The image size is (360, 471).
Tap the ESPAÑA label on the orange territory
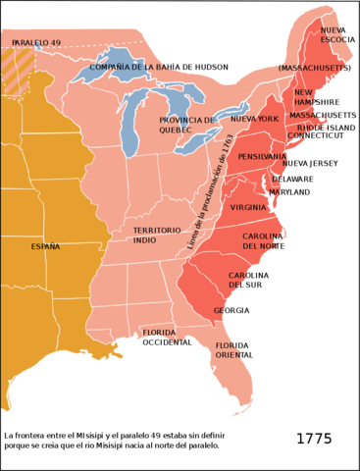coord(45,246)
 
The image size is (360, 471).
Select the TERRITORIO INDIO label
coord(157,235)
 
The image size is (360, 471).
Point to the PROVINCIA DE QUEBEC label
coord(186,125)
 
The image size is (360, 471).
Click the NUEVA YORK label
coord(254,119)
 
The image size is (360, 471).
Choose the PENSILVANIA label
coord(262,156)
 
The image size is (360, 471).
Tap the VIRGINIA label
coord(248,207)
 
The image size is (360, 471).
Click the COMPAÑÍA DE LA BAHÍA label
coord(133,67)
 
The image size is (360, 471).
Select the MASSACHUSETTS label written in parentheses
coord(312,69)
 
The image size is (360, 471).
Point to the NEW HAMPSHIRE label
coord(305,97)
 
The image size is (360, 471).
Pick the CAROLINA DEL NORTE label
coord(262,241)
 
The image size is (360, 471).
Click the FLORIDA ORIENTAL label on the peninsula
coord(227,350)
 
